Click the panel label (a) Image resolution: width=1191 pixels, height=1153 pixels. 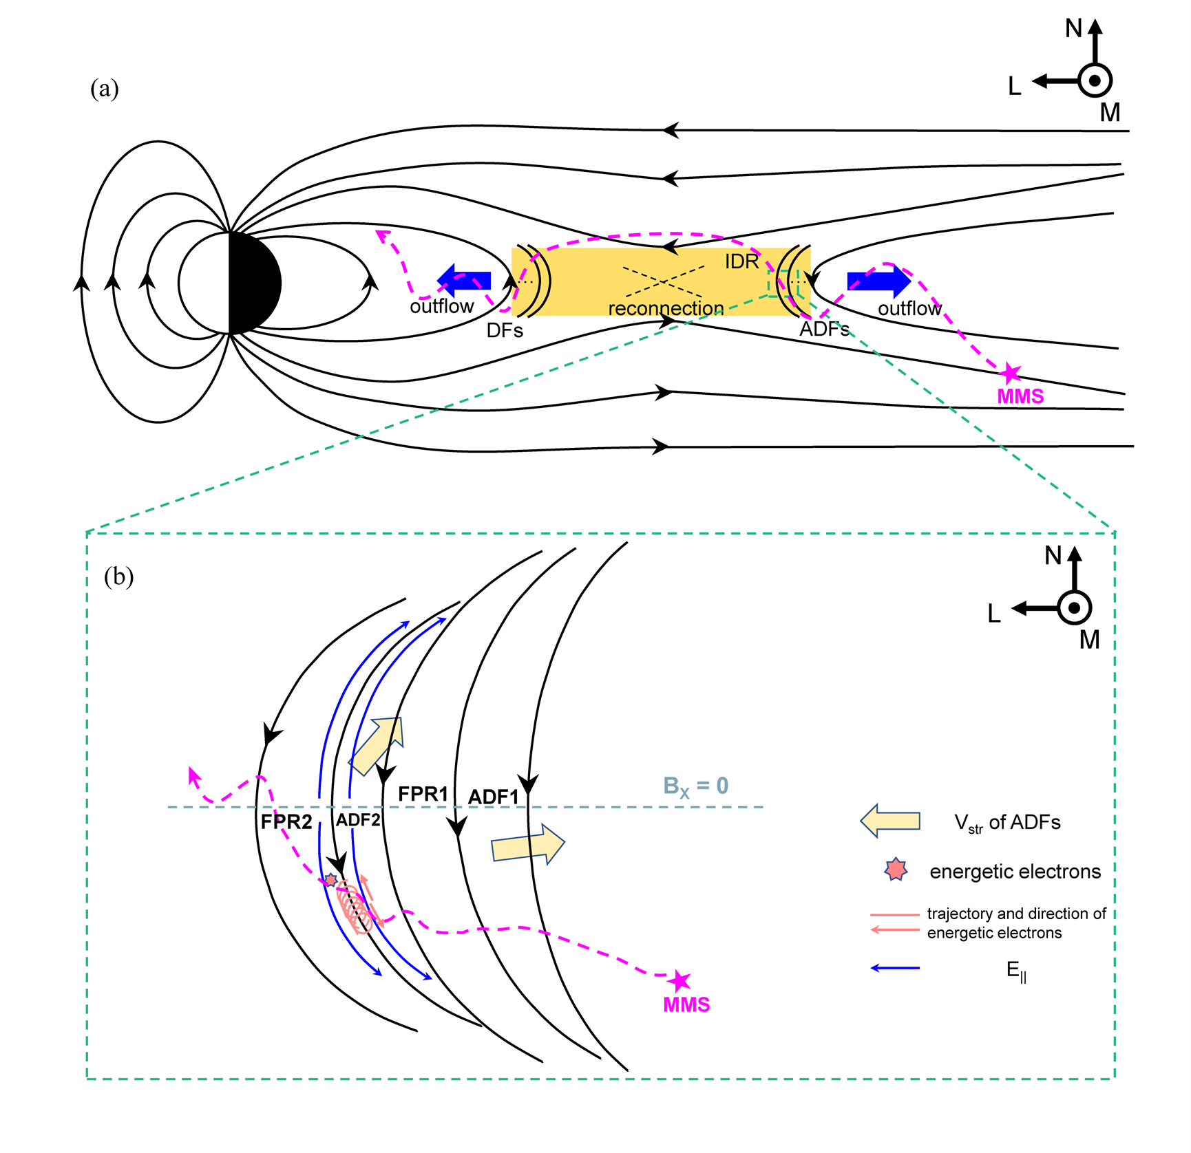coord(105,89)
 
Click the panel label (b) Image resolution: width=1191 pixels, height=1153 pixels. coord(118,576)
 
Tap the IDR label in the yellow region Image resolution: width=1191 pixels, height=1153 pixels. coord(741,261)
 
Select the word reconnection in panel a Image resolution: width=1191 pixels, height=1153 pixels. coord(666,308)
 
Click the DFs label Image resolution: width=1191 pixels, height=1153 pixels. coord(505,331)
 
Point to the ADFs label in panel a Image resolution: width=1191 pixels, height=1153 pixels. coord(824,330)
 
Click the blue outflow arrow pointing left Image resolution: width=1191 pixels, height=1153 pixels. coord(465,280)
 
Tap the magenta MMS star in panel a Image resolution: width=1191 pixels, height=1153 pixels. coord(1010,374)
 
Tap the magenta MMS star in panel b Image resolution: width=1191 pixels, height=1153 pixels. coord(680,980)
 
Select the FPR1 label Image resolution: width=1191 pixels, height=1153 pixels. coord(423,794)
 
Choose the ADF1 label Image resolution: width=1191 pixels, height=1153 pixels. coord(493,797)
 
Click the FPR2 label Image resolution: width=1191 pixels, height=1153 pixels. coord(286,821)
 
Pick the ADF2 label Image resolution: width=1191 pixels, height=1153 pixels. coord(358,820)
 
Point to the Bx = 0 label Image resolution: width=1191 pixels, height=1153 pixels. coord(695,786)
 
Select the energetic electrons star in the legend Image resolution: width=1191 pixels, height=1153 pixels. coord(896,870)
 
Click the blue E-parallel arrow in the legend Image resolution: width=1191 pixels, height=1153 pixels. coord(895,968)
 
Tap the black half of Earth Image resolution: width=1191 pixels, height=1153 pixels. coord(255,283)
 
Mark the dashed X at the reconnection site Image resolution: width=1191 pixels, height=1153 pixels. coord(662,281)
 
